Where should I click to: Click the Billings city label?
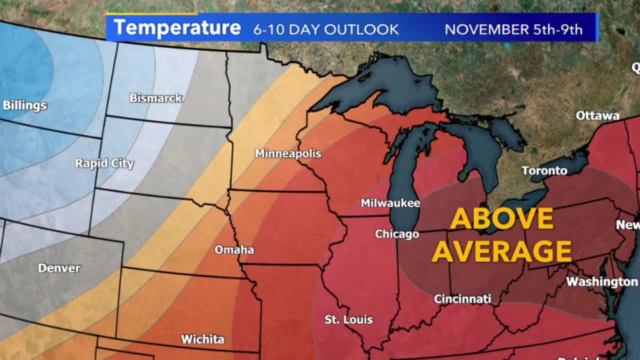[x=25, y=105]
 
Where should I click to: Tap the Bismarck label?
[x=156, y=98]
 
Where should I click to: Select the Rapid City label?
[x=104, y=163]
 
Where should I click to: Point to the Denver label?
[x=59, y=268]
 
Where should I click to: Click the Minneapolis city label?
[x=288, y=153]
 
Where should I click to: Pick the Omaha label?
[x=234, y=249]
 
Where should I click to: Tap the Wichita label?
[x=202, y=339]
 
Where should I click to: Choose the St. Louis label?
[x=348, y=319]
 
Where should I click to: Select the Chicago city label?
[x=397, y=234]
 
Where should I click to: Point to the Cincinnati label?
[x=462, y=299]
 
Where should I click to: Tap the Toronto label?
[x=544, y=171]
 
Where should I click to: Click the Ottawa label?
[x=597, y=115]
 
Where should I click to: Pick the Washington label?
[x=602, y=282]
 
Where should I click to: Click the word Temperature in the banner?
[x=177, y=28]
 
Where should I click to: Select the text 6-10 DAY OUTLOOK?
[x=326, y=29]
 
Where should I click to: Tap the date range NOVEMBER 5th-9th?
[x=513, y=29]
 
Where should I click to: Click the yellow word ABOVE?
[x=502, y=218]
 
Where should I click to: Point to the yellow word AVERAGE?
[x=501, y=251]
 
